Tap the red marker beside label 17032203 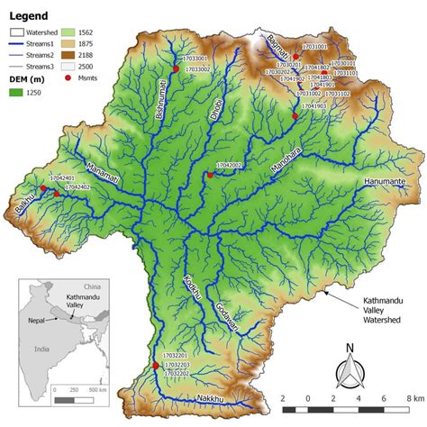coord(156,366)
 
